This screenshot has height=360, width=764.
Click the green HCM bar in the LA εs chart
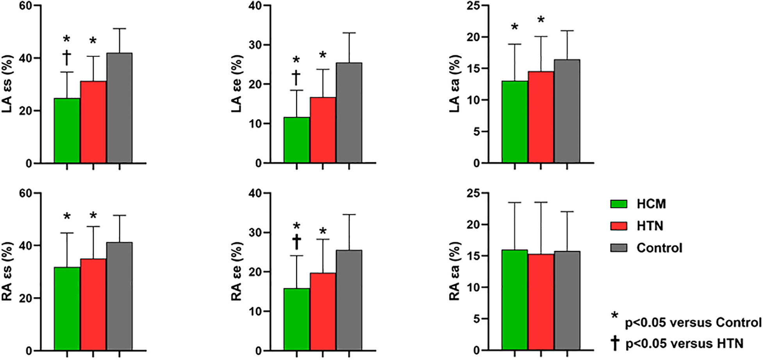point(67,131)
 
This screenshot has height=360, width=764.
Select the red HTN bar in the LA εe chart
point(323,130)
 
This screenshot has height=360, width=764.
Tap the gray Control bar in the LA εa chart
point(567,111)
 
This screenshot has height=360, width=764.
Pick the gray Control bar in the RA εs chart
point(119,296)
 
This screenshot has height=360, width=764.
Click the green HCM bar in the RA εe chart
point(297,319)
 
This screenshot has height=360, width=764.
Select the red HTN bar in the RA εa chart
point(541,302)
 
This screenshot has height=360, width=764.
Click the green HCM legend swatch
point(619,204)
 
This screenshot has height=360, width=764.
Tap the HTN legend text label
point(649,226)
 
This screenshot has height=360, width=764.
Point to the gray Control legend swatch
point(619,248)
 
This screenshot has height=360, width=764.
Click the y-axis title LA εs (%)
point(8,84)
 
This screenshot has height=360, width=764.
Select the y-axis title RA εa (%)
point(454,271)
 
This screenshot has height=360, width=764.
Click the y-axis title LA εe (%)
point(237,84)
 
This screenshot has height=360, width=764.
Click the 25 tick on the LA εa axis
point(474,6)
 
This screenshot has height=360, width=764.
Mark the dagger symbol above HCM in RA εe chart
point(297,242)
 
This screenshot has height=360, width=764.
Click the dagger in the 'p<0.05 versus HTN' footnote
point(615,343)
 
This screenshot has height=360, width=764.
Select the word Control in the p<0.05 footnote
point(738,323)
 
